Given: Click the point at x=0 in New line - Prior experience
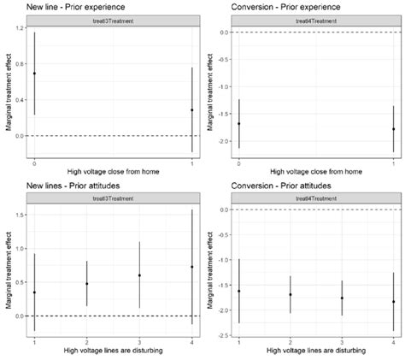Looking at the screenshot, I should pos(34,74).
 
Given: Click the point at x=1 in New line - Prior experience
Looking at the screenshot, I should pos(191,110).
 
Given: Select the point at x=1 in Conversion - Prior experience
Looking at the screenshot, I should pos(392,129).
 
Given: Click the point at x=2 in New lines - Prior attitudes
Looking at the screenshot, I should pos(87,283).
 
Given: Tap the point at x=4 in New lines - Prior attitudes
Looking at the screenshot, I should pos(191,267).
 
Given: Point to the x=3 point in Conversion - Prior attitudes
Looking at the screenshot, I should pos(342,298).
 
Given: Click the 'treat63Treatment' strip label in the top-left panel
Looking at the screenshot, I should pos(113,21).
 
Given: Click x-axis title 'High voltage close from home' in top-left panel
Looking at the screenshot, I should pos(113,172).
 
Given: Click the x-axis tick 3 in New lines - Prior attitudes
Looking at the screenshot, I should pos(139,342).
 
